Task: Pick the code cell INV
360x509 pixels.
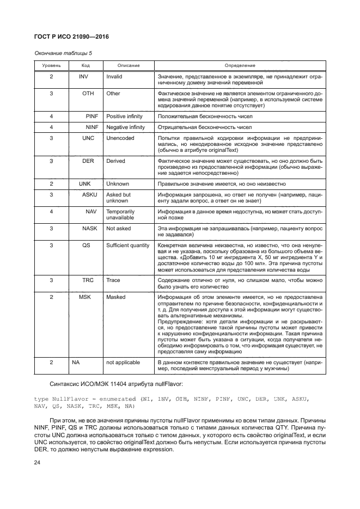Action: [83, 77]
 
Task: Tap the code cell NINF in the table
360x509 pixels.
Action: [91, 127]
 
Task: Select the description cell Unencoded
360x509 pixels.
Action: [119, 138]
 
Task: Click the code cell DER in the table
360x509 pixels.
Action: [88, 161]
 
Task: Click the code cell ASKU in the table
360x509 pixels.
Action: [89, 195]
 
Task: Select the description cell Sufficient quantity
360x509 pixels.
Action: [128, 246]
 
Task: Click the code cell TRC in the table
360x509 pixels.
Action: [88, 280]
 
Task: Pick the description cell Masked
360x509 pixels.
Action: [115, 297]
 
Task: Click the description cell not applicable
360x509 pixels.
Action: [123, 362]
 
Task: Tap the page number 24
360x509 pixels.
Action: [38, 462]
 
